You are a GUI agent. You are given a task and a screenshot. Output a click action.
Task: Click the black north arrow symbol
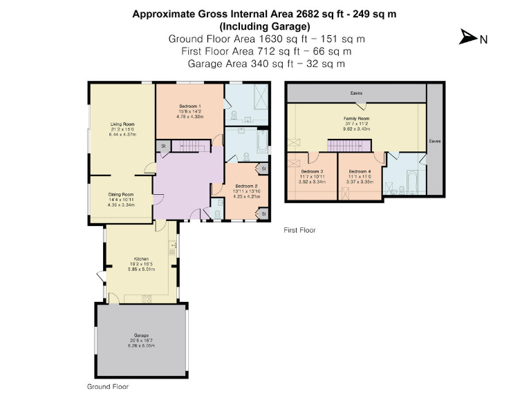(467, 38)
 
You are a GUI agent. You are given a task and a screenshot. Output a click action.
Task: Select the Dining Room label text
(120, 195)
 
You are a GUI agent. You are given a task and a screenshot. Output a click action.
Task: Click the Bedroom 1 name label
(190, 106)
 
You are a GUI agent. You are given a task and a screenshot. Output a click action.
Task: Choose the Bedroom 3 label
(312, 171)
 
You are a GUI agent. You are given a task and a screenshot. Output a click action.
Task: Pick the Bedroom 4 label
(360, 171)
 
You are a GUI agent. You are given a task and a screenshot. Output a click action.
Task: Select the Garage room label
(141, 335)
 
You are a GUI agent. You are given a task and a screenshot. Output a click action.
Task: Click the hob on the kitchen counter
(147, 298)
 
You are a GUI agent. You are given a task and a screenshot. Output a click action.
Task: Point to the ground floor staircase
(189, 146)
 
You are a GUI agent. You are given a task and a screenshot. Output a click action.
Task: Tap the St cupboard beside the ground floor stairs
(162, 146)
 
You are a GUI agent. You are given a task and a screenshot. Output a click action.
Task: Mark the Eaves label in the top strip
(356, 93)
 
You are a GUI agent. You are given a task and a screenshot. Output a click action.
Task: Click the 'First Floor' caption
(299, 230)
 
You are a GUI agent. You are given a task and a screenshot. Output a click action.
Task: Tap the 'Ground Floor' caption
(107, 387)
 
